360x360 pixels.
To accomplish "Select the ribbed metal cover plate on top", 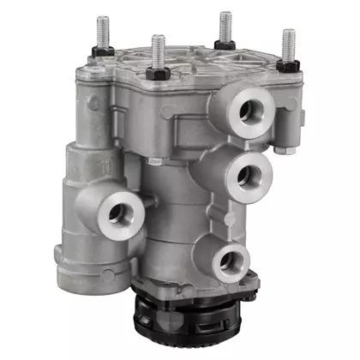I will pos(197,64).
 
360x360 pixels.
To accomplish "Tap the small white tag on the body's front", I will pos(155,160).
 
